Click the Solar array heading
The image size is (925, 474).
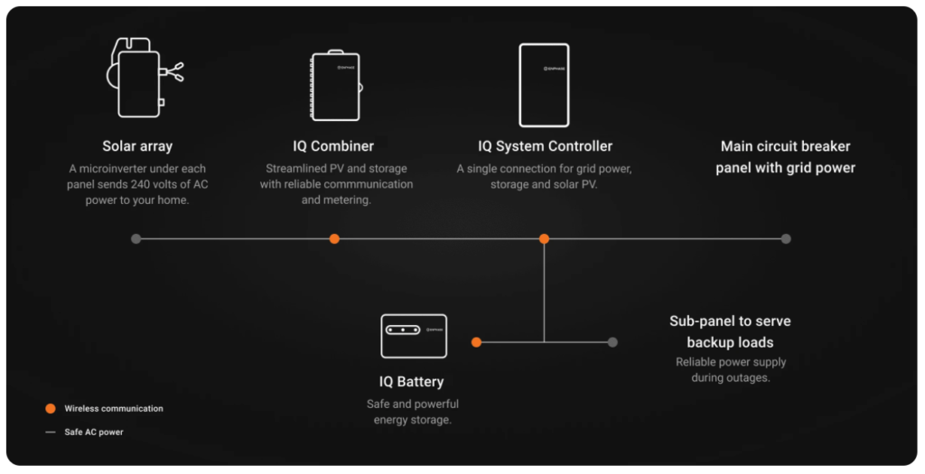click(137, 146)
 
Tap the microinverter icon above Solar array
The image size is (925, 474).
click(141, 79)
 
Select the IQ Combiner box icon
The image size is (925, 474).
click(335, 85)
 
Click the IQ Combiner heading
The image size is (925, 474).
click(333, 146)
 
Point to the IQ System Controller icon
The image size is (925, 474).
click(544, 85)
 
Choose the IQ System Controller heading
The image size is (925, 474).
click(545, 146)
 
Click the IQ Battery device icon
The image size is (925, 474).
click(414, 335)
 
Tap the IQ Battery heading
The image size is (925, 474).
click(411, 382)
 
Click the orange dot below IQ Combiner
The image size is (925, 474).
click(334, 239)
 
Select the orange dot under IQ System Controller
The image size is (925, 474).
click(544, 239)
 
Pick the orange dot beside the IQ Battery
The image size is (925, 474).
click(476, 342)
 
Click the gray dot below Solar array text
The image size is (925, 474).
click(136, 239)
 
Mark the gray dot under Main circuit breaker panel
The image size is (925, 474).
click(786, 239)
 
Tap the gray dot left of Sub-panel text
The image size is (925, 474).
click(612, 342)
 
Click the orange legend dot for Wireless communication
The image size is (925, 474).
click(51, 408)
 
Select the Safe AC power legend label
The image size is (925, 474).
click(94, 432)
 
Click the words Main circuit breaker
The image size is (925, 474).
click(785, 146)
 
